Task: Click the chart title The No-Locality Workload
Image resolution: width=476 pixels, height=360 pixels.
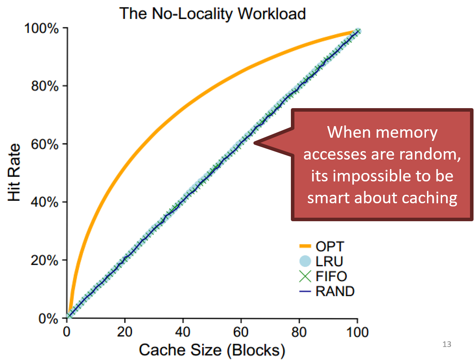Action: click(212, 14)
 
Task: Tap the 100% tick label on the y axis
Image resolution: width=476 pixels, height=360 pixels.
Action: click(41, 28)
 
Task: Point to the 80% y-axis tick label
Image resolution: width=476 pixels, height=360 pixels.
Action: click(45, 86)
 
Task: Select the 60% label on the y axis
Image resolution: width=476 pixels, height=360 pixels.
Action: click(45, 144)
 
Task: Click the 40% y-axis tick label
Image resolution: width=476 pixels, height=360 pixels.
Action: click(45, 202)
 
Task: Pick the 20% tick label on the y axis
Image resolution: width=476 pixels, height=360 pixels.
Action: click(45, 260)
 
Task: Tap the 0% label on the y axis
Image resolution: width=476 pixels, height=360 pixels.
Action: click(48, 318)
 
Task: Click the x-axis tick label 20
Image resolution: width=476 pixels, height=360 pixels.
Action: click(124, 332)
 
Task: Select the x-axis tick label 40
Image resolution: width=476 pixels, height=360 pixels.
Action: click(183, 332)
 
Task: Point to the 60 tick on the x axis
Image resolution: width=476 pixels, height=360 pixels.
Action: click(241, 332)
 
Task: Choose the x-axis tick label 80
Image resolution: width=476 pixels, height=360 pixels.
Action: click(299, 332)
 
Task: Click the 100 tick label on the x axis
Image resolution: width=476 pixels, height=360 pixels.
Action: click(357, 332)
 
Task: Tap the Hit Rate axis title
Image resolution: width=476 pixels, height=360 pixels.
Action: click(14, 173)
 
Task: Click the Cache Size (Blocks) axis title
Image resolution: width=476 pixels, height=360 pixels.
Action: click(212, 350)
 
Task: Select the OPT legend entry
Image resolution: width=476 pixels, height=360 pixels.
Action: click(330, 246)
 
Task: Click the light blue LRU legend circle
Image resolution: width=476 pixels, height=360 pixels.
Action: click(305, 261)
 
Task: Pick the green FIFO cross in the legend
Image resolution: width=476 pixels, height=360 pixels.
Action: click(305, 276)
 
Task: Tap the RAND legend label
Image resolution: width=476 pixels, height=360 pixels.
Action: click(335, 291)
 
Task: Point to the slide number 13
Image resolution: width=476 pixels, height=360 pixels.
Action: click(447, 344)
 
